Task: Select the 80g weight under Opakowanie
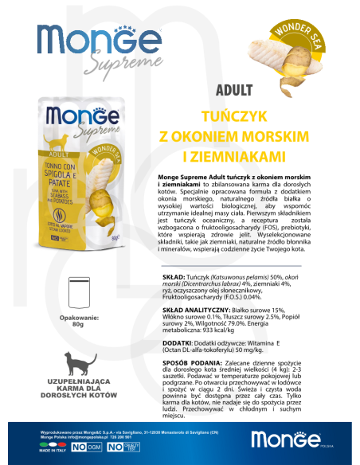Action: [x=76, y=324]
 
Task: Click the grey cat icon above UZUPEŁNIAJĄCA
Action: [x=76, y=365]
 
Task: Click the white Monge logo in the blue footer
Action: [x=284, y=438]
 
